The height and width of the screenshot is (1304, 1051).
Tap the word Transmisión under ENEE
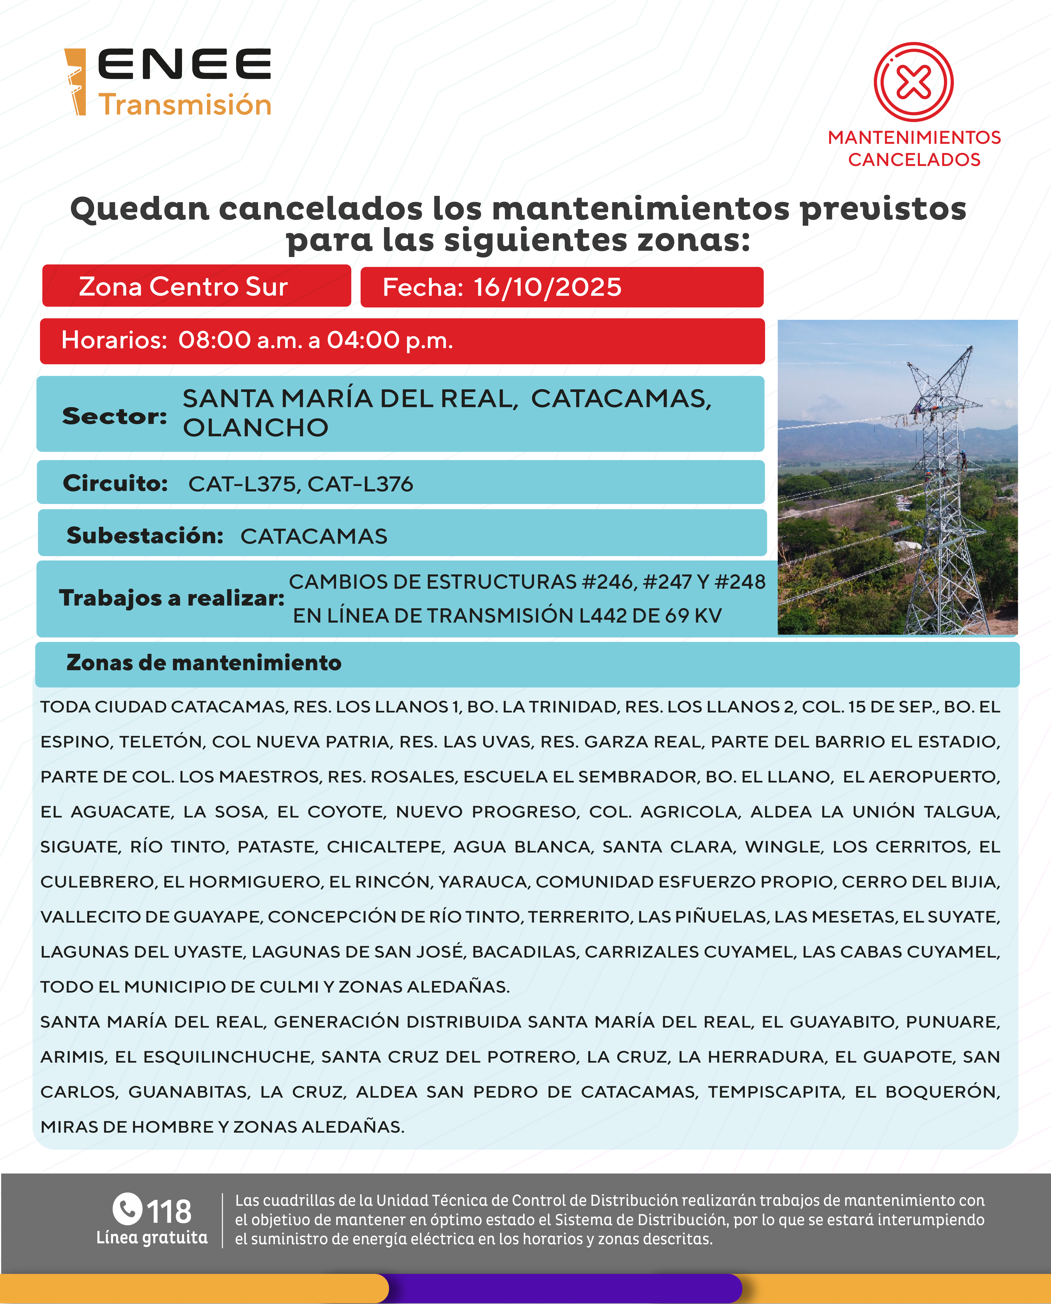tap(185, 105)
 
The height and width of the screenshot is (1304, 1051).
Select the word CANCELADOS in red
tap(914, 160)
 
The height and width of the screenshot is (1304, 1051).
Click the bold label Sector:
tap(114, 416)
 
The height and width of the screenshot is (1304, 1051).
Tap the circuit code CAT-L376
tap(360, 484)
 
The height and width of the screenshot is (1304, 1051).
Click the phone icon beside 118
tap(127, 1208)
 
